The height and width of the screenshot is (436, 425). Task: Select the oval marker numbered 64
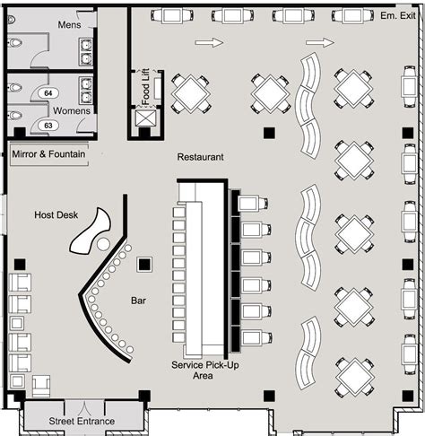(48, 93)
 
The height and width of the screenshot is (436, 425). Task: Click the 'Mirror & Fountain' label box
(49, 154)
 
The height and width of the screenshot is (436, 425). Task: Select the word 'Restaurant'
(200, 157)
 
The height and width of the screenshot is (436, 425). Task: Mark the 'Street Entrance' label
(82, 421)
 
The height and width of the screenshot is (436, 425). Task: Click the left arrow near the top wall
(207, 42)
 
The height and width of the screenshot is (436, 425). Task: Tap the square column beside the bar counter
(143, 266)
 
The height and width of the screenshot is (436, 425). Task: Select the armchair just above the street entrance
(40, 385)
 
